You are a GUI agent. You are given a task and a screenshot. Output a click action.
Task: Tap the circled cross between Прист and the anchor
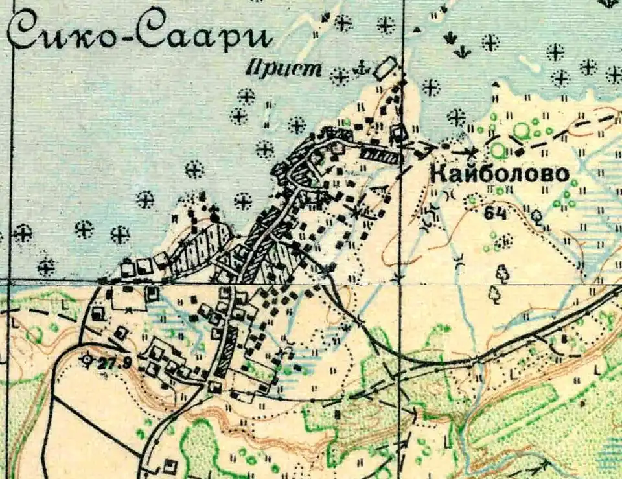tap(339, 76)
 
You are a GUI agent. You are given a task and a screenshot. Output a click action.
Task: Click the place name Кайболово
tap(499, 174)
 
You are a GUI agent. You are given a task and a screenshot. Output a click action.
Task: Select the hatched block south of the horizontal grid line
tap(224, 353)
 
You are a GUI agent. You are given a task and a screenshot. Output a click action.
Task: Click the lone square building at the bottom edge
tap(170, 465)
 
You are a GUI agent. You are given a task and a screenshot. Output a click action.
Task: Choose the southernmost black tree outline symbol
tap(495, 296)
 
